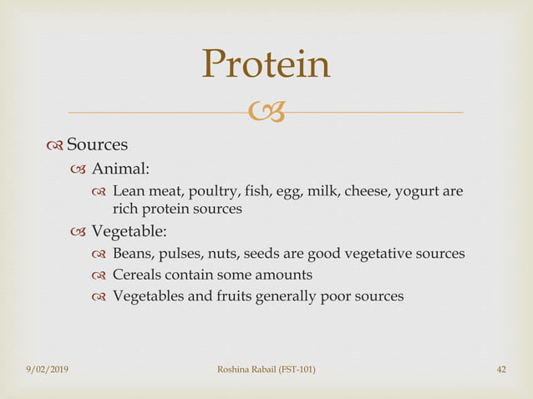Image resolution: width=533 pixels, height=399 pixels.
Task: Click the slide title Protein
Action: (x=266, y=65)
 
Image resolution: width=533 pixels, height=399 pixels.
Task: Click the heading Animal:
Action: (x=120, y=169)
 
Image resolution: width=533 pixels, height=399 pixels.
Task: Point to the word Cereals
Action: (x=136, y=274)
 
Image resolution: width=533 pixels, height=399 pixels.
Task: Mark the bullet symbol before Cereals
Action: (x=99, y=275)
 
